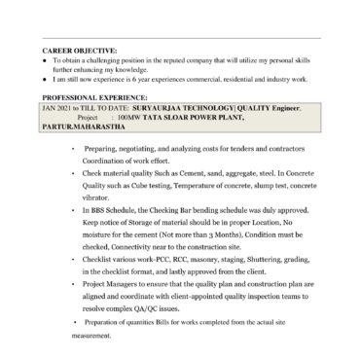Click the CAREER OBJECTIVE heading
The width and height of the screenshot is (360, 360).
pyautogui.click(x=80, y=50)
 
